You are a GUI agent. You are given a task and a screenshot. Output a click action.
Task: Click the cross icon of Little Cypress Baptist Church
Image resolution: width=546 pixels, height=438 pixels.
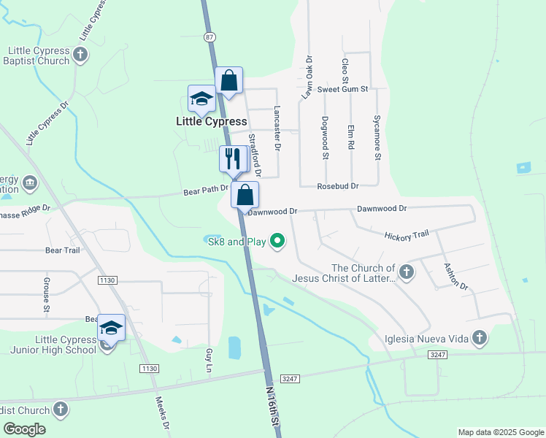[x=81, y=54]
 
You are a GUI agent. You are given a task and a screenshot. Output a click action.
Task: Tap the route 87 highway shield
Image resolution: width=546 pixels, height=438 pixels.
[x=210, y=36]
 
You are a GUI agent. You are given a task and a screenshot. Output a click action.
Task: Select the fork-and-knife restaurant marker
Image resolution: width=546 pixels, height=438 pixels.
[x=232, y=158]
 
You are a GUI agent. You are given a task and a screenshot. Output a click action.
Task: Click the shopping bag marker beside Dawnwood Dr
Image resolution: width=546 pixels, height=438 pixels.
[x=246, y=195]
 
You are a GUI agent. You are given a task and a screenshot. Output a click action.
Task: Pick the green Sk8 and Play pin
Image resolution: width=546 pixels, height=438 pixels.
[x=277, y=240]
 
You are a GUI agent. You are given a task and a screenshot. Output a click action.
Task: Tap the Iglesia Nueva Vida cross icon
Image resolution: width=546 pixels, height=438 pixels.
[x=479, y=337]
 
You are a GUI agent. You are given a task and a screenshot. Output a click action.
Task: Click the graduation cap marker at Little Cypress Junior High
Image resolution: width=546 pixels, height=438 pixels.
[x=110, y=328]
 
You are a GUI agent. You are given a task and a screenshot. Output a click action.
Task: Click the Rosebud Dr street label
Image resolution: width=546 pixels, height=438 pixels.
[x=337, y=186]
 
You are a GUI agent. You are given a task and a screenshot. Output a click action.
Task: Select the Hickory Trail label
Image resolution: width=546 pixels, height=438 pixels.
[x=407, y=234]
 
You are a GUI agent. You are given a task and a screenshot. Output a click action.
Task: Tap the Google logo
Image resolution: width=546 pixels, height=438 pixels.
[x=24, y=429]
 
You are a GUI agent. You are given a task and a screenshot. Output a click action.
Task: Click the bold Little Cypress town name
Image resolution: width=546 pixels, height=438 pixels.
[x=211, y=121]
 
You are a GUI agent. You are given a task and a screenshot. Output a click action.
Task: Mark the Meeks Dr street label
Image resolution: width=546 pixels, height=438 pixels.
[x=164, y=413]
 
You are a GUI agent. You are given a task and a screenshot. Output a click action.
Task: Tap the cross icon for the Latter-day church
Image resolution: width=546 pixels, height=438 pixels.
[x=407, y=272]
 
